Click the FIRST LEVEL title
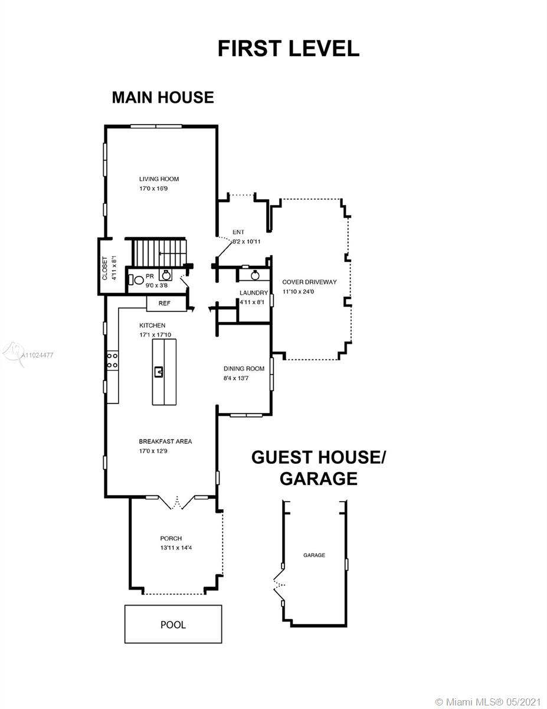pos(289,48)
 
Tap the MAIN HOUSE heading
pos(163,97)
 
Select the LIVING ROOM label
pos(159,179)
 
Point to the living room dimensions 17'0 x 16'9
pos(153,188)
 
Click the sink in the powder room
pos(166,275)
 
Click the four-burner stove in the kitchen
pos(112,360)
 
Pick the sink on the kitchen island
pos(159,372)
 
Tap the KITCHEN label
pos(152,326)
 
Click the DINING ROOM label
pos(244,368)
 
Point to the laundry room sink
pos(255,275)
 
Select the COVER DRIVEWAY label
pos(309,282)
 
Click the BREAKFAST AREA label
pos(165,441)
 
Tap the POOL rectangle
pos(173,625)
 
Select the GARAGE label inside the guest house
pos(314,555)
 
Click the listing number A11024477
pos(37,355)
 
